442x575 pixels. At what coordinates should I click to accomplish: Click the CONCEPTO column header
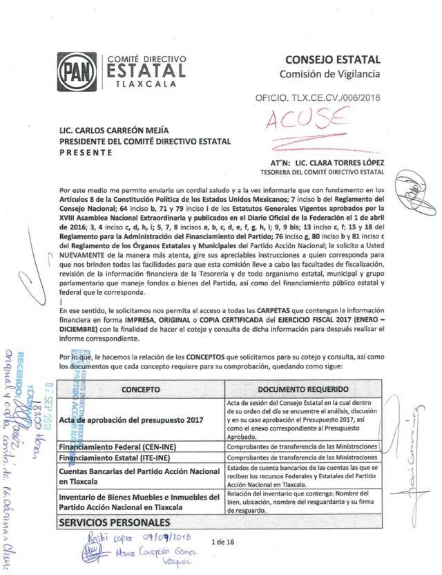pyautogui.click(x=141, y=389)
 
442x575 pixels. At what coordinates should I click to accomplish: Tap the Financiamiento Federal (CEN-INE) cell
pyautogui.click(x=115, y=447)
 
